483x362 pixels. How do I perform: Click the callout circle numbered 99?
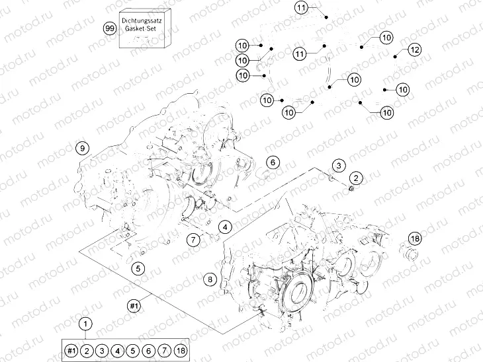coord(110,28)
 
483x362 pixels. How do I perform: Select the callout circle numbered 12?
coord(414,50)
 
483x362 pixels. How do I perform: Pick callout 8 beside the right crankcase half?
coord(210,280)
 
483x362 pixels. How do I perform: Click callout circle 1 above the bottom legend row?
coord(85,324)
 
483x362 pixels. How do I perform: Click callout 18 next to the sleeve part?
coord(415,238)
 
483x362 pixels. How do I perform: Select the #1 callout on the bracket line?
coord(134,305)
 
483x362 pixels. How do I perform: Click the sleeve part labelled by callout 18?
coord(410,254)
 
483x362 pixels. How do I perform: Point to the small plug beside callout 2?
coord(351,190)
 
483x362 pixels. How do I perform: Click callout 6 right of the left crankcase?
coord(273,163)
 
